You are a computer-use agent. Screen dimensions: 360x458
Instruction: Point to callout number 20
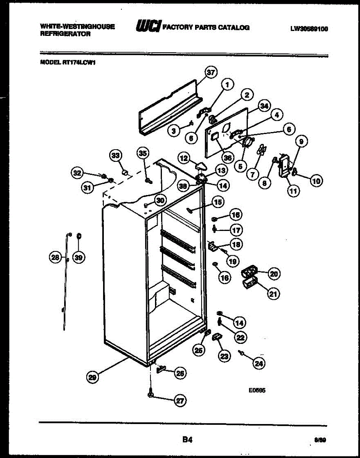coord(274,273)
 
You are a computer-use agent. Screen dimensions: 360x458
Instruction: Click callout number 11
coord(293,192)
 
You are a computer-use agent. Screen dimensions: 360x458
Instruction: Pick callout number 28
coord(56,258)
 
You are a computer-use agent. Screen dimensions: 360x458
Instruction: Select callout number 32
coord(77,173)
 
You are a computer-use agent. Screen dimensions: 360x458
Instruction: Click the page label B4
coord(187,440)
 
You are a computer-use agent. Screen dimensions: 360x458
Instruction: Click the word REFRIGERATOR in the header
coord(65,34)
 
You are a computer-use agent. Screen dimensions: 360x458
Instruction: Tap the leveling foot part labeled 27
coord(150,393)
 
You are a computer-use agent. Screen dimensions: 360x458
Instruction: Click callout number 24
coord(259,364)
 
